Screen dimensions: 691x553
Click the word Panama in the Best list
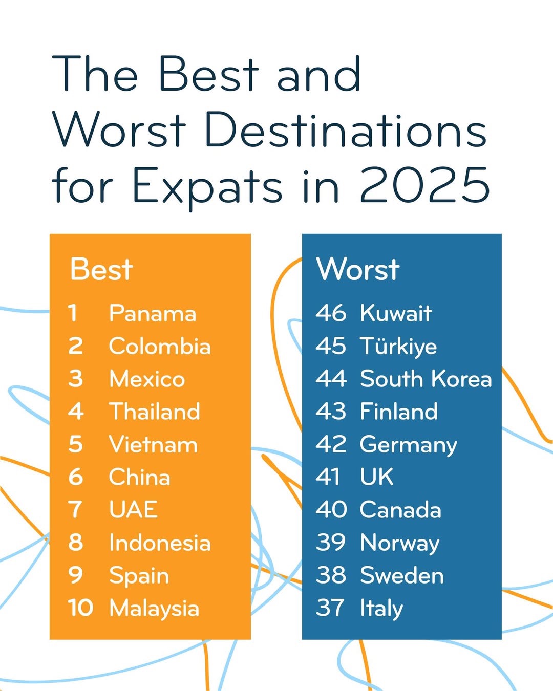pyautogui.click(x=153, y=313)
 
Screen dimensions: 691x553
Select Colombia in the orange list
pyautogui.click(x=160, y=346)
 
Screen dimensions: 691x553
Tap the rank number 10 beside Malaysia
pyautogui.click(x=80, y=608)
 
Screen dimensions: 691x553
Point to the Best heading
pyautogui.click(x=101, y=269)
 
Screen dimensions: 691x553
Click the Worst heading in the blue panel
pyautogui.click(x=358, y=269)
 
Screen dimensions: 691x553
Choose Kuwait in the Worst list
pyautogui.click(x=396, y=313)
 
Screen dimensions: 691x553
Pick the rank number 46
pyautogui.click(x=331, y=313)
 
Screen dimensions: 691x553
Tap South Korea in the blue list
pyautogui.click(x=426, y=379)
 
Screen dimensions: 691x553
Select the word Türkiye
pyautogui.click(x=398, y=346)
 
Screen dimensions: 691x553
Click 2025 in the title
pyautogui.click(x=424, y=185)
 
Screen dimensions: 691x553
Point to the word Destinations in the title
pyautogui.click(x=345, y=130)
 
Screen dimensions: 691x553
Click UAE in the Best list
pyautogui.click(x=133, y=510)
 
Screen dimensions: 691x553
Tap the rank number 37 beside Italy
pyautogui.click(x=330, y=608)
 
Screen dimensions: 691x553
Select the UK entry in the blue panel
pyautogui.click(x=376, y=477)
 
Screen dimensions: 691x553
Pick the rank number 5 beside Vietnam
pyautogui.click(x=75, y=444)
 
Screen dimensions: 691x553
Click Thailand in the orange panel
pyautogui.click(x=155, y=412)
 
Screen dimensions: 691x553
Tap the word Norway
pyautogui.click(x=399, y=543)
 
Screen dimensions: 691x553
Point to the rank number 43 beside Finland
pyautogui.click(x=331, y=412)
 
